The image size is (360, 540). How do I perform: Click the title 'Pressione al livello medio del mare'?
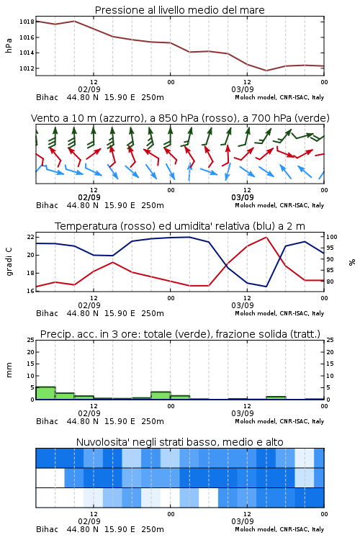(179, 10)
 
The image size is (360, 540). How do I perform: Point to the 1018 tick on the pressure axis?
(27, 22)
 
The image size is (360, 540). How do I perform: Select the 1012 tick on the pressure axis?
(27, 68)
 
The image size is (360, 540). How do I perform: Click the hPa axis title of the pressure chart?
(9, 45)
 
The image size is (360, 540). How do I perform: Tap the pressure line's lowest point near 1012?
(266, 71)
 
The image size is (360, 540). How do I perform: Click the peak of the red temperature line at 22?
(266, 237)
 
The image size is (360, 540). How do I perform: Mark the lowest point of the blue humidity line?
(266, 287)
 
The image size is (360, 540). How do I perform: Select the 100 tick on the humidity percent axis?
(332, 237)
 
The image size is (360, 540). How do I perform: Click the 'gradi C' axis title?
(9, 261)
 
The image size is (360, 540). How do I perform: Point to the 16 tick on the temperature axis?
(31, 291)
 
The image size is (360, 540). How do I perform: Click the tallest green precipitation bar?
(45, 393)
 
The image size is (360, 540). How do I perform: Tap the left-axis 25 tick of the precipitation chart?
(31, 340)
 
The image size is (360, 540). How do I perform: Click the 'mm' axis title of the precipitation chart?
(9, 370)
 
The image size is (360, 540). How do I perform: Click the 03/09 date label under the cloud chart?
(243, 521)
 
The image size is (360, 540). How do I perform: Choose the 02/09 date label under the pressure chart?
(89, 89)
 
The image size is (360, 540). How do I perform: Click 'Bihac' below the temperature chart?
(48, 313)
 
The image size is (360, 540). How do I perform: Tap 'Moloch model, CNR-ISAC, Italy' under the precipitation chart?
(279, 421)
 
